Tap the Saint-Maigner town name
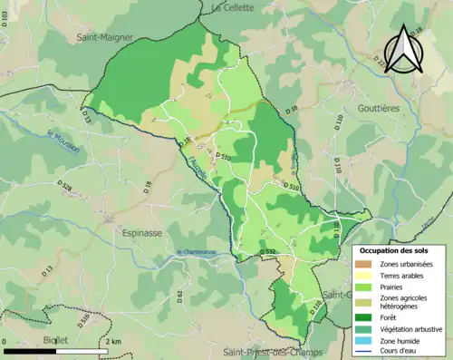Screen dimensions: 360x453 click(x=105, y=38)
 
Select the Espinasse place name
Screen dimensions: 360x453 click(x=141, y=232)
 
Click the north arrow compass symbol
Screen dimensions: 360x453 click(x=404, y=49)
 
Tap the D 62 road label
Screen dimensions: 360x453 click(x=179, y=297)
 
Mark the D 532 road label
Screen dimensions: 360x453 click(x=267, y=251)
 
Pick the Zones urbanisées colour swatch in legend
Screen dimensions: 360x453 click(x=366, y=263)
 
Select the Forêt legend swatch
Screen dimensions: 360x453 click(x=366, y=316)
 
